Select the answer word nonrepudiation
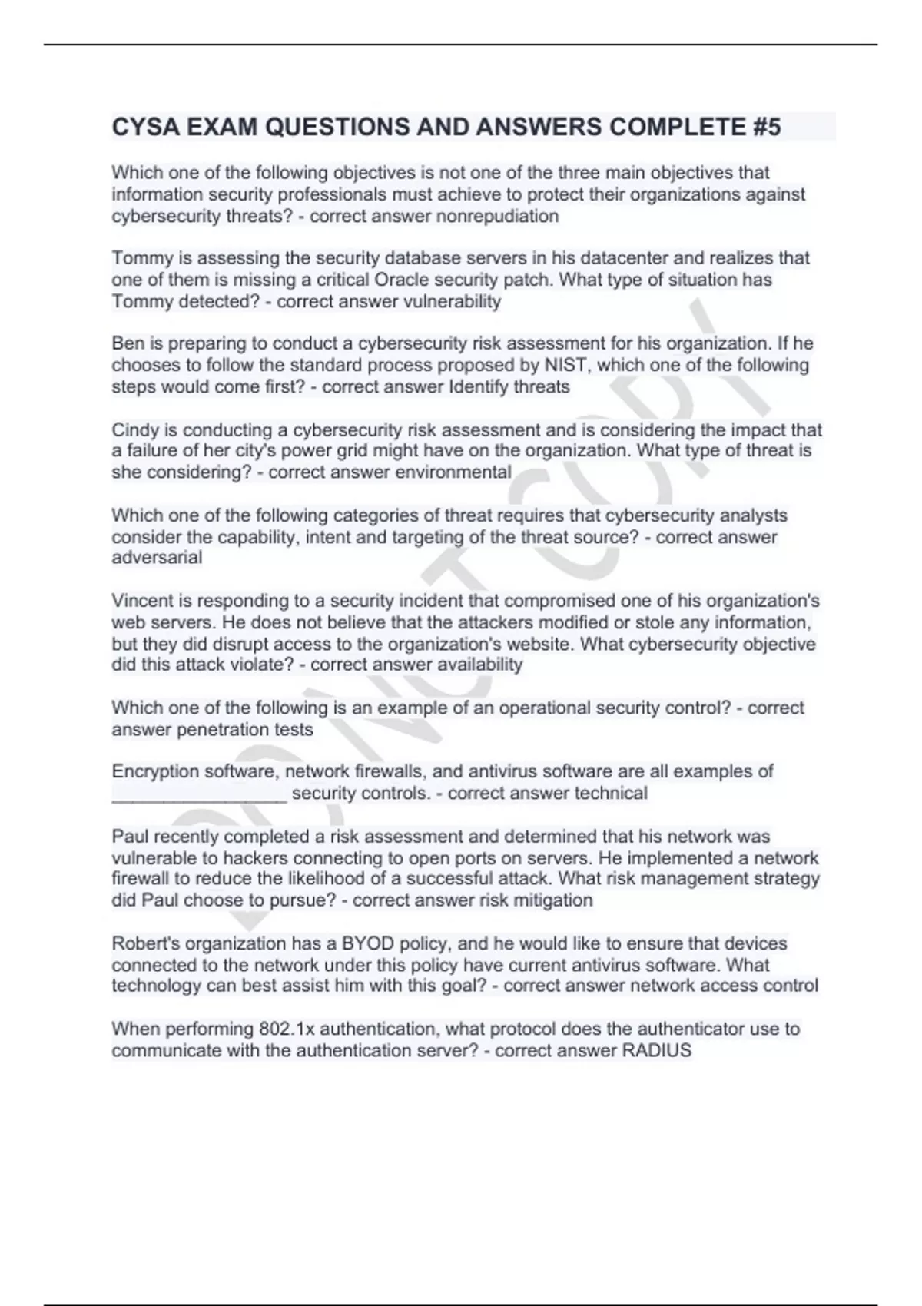pos(497,217)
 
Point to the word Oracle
pos(406,280)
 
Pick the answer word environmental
pos(453,472)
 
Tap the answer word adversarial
pos(157,558)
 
